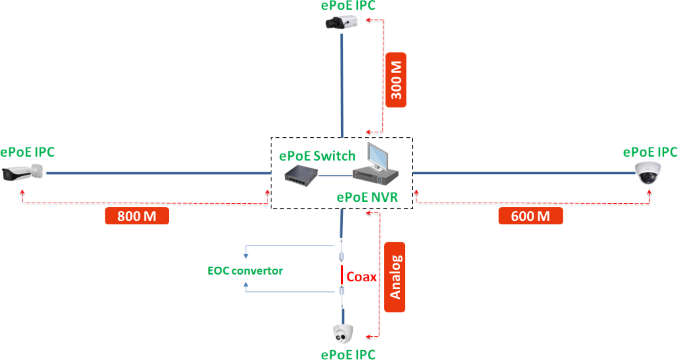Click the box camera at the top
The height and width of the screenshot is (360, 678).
pos(341,23)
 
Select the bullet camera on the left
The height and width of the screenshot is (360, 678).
pos(23,173)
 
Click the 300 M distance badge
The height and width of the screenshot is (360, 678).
pos(396,80)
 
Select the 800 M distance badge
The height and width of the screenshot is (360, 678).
pos(137,216)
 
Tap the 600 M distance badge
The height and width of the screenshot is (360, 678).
pos(530,216)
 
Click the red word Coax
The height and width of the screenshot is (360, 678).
pos(362,277)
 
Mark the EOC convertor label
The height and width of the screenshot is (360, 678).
pos(245,270)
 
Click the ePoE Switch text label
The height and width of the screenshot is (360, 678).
pos(317,156)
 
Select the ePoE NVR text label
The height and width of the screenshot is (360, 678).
pos(367,197)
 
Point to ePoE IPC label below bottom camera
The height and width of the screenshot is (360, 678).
pos(348,354)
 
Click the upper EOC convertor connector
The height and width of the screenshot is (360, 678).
pos(342,257)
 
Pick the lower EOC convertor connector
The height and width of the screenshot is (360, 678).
pos(342,292)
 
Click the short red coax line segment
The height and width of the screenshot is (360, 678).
pos(342,275)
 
